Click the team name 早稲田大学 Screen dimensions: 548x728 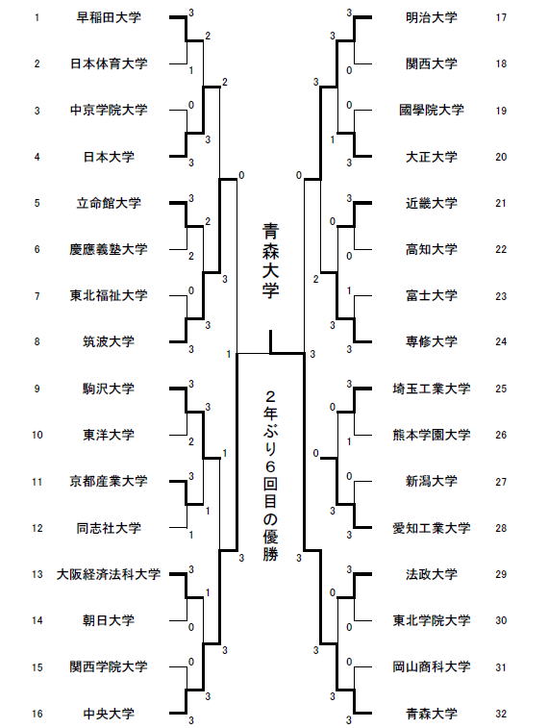click(x=109, y=17)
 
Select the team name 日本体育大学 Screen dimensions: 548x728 click(x=109, y=63)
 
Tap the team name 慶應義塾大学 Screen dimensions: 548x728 click(x=109, y=249)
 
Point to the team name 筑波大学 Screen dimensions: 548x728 click(x=109, y=341)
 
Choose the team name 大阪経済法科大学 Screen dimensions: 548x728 click(x=109, y=574)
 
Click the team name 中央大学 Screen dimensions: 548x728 click(x=109, y=714)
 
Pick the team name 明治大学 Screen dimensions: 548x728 click(x=432, y=17)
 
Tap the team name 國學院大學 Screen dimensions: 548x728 click(x=432, y=110)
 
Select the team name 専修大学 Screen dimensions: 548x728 click(x=432, y=341)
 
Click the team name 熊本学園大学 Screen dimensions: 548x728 click(x=432, y=435)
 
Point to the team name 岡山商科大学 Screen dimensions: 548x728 click(x=432, y=666)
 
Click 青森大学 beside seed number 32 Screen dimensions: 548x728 click(x=432, y=714)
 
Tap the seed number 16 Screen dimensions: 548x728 click(x=37, y=714)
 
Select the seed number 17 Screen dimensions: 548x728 click(x=501, y=17)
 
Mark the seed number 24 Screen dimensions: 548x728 click(x=501, y=341)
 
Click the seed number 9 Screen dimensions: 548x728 click(x=37, y=389)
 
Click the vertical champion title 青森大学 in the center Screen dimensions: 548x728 click(x=270, y=261)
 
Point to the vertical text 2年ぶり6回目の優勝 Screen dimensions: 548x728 click(x=270, y=476)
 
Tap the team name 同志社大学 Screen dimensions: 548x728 click(x=109, y=528)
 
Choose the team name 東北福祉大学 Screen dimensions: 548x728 click(x=109, y=295)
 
